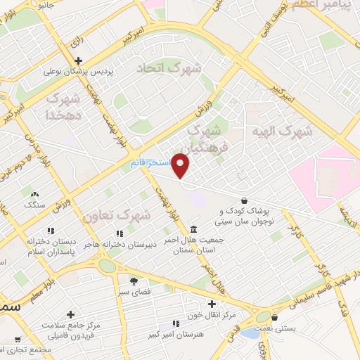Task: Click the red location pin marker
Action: pyautogui.click(x=181, y=165)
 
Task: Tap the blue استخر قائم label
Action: pyautogui.click(x=150, y=162)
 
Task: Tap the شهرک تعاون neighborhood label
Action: pyautogui.click(x=116, y=217)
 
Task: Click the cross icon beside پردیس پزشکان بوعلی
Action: pyautogui.click(x=78, y=60)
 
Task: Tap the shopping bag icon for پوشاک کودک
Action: pyautogui.click(x=243, y=200)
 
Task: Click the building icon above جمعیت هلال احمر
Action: pyautogui.click(x=194, y=230)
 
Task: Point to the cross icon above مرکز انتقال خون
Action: pyautogui.click(x=212, y=303)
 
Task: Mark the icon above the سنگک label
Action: pyautogui.click(x=34, y=193)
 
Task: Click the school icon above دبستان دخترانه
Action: pyautogui.click(x=51, y=231)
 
